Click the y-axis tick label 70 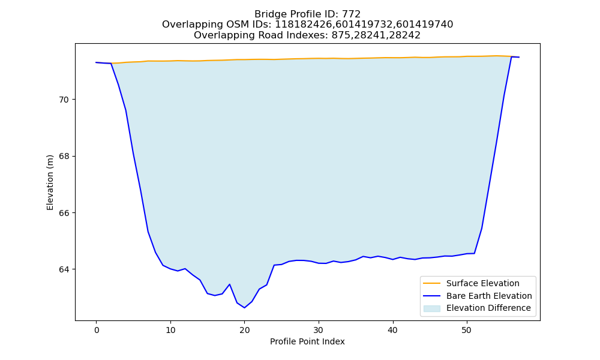tap(63, 100)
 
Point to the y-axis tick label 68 tap(63, 157)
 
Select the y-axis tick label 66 tap(63, 213)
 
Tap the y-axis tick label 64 tap(63, 270)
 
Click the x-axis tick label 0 tap(97, 331)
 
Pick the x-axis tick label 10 tap(170, 331)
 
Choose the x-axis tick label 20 tap(245, 331)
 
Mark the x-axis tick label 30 tap(319, 331)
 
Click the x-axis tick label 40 tap(392, 331)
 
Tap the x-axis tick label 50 tap(467, 331)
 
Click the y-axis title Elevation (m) tap(50, 182)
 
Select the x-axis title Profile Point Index tap(307, 341)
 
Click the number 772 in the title tap(351, 14)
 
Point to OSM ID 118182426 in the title tap(304, 25)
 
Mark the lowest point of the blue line tap(245, 308)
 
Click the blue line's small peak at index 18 tap(230, 284)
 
